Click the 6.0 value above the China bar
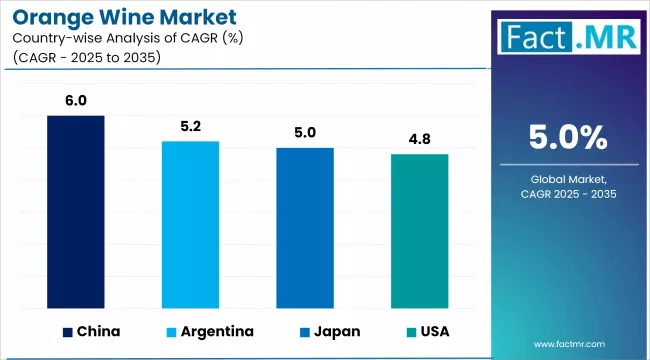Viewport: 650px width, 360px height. click(76, 100)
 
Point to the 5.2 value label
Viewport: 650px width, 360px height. click(191, 126)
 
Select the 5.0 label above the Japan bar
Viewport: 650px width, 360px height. click(305, 133)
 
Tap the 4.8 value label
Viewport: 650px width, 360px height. click(419, 139)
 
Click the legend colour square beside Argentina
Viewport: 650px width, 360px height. click(172, 331)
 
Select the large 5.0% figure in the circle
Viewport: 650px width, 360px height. click(568, 136)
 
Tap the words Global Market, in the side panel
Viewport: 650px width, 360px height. click(568, 177)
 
